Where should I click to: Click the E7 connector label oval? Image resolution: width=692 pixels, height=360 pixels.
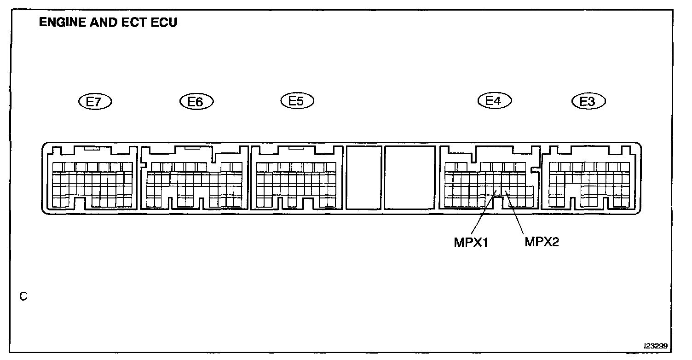coord(95,102)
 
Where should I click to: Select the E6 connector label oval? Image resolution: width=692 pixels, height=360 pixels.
coord(196,102)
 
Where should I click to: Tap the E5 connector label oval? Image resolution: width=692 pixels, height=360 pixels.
coord(297,101)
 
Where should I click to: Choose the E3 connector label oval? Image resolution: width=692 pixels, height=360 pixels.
coord(588,101)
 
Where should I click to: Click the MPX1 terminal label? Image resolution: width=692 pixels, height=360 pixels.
coord(471,243)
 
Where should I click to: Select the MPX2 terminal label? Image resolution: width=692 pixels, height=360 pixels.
coord(542,242)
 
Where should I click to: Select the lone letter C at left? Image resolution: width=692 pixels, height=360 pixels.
coord(23,297)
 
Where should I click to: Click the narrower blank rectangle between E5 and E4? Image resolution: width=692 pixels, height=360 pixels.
coord(363,177)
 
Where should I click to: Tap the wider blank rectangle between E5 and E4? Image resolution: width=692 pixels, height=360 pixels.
coord(409,177)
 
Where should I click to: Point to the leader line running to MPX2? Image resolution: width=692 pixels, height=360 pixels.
coord(515,215)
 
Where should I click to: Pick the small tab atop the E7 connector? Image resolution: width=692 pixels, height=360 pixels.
coord(92,148)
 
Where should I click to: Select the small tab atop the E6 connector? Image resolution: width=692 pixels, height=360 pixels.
coord(192,148)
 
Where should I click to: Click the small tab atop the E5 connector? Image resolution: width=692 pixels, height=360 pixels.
coord(296,148)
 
